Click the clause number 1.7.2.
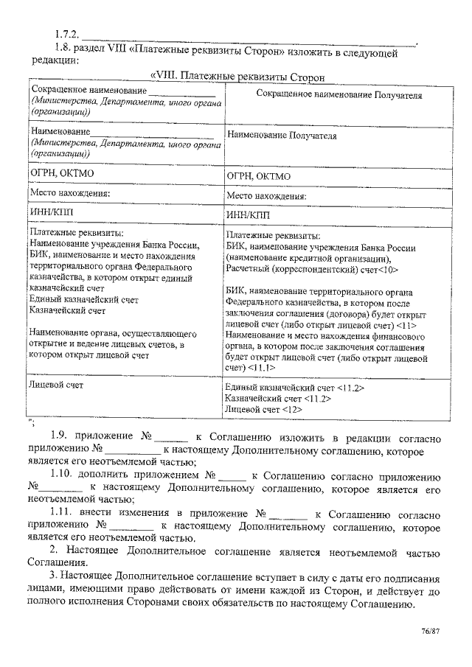pyautogui.click(x=66, y=35)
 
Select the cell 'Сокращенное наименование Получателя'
pyautogui.click(x=339, y=96)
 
